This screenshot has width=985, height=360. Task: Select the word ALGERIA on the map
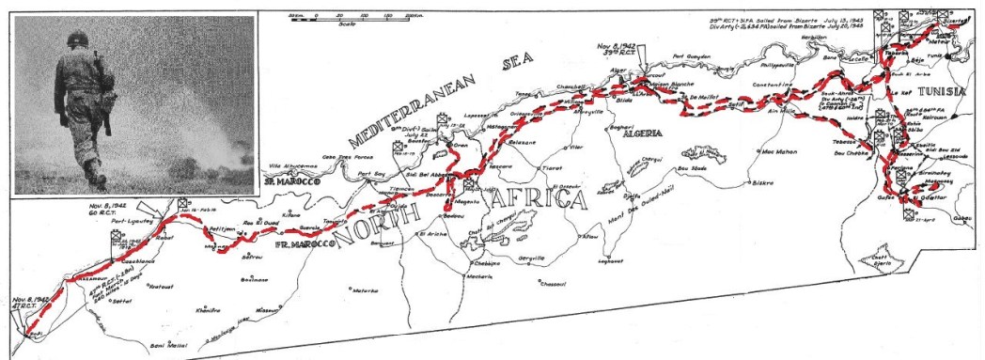[635, 133]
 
